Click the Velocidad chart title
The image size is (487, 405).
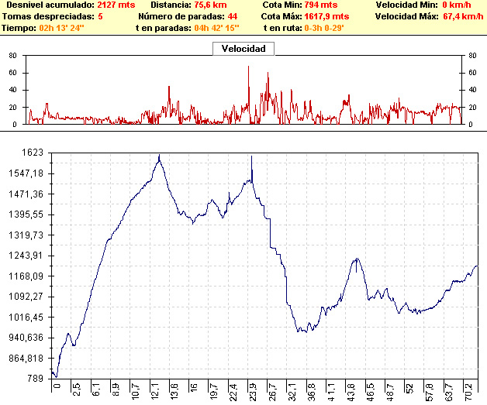[243, 49]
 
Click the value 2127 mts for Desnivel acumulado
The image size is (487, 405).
[112, 5]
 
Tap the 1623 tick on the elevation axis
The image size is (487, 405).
[33, 153]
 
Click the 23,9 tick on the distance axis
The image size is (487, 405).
[252, 388]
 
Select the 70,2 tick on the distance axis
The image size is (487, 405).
[468, 388]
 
